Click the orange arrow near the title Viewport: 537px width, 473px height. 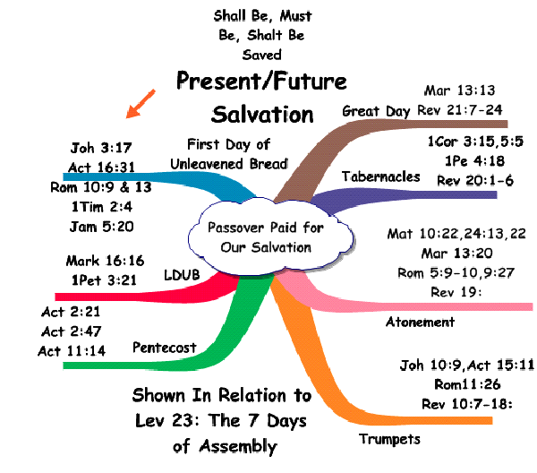click(x=141, y=104)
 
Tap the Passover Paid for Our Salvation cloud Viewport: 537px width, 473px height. click(x=270, y=237)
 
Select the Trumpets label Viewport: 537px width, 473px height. click(x=389, y=439)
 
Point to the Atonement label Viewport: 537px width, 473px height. click(x=421, y=322)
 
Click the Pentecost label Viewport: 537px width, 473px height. click(x=165, y=348)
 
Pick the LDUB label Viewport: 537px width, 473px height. click(x=182, y=275)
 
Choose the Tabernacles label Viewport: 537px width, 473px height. click(x=381, y=176)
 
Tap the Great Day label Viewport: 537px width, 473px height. click(x=376, y=111)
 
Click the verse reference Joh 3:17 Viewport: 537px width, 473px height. click(x=101, y=148)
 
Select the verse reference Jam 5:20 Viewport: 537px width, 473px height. click(x=101, y=227)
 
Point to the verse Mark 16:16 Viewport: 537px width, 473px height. click(x=105, y=261)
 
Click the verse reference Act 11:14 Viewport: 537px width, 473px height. click(x=72, y=351)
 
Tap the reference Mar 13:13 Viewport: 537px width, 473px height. click(x=460, y=90)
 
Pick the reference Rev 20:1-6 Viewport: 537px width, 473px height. click(x=475, y=180)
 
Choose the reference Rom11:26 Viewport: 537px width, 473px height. click(x=467, y=384)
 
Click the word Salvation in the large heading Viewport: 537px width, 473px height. click(x=262, y=115)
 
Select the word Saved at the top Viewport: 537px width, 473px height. click(x=262, y=55)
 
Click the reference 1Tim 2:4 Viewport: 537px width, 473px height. click(x=102, y=207)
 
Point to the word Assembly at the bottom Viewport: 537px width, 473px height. click(x=238, y=447)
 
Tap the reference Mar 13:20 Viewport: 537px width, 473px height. click(x=456, y=254)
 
